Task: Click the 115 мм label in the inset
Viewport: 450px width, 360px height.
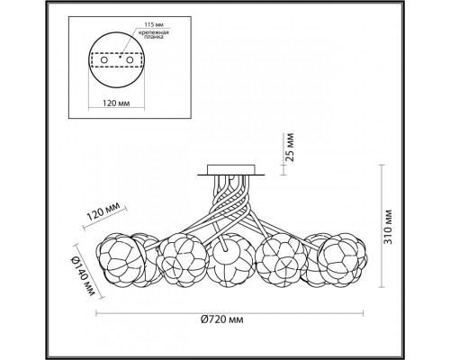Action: point(154,24)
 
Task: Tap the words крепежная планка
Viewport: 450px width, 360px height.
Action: point(154,35)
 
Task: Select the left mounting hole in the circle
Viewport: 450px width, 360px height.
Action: point(103,60)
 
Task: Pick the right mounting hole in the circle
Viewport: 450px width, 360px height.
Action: point(130,60)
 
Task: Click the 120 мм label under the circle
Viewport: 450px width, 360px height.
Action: point(116,103)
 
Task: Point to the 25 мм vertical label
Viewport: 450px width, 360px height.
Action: point(290,148)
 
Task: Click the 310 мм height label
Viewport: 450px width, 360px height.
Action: point(388,227)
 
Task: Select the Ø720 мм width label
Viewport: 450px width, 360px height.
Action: point(222,319)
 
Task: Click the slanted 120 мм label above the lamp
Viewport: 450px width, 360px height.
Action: point(103,211)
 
